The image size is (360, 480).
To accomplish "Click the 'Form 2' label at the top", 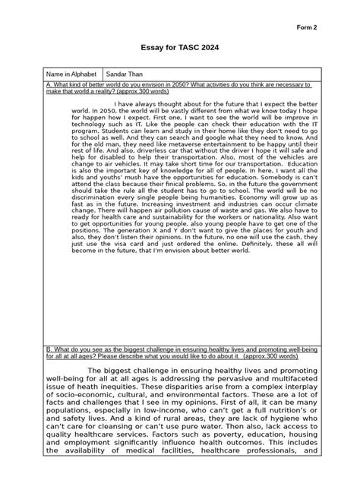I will pos(307,27).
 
